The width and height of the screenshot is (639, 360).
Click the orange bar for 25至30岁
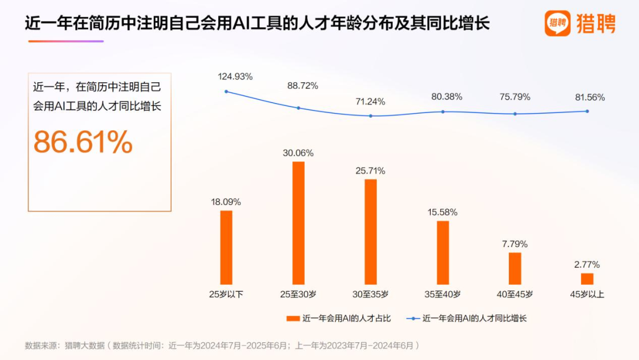click(298, 223)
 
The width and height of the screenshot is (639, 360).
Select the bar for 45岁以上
click(587, 278)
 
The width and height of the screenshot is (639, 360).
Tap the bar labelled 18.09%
click(226, 247)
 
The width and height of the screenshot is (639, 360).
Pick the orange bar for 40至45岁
click(515, 268)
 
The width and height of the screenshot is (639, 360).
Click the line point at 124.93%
click(226, 91)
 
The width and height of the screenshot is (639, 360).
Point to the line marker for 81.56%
click(587, 111)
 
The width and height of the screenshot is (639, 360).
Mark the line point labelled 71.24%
click(370, 115)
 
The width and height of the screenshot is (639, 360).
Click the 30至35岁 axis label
click(370, 294)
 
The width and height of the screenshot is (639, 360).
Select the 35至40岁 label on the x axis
click(443, 294)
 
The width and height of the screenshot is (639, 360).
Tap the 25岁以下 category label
click(226, 294)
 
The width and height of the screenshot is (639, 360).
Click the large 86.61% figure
click(83, 142)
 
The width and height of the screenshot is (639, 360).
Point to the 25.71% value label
click(370, 171)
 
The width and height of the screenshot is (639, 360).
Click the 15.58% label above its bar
click(443, 212)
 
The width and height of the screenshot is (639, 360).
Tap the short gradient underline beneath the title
click(66, 41)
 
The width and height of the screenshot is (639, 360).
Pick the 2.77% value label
click(587, 264)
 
